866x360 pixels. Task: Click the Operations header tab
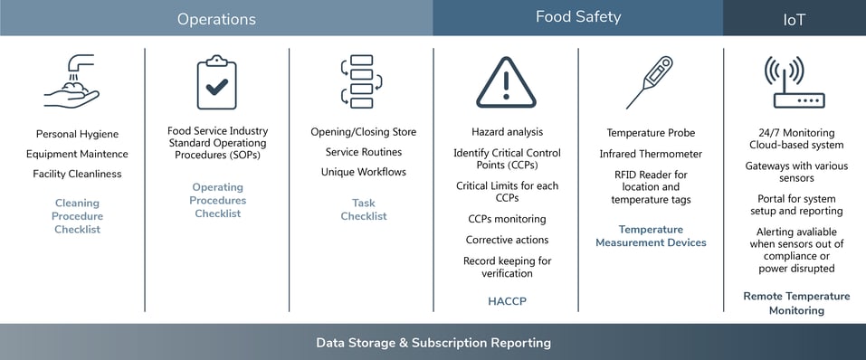pyautogui.click(x=216, y=18)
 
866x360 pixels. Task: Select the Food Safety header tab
pyautogui.click(x=578, y=18)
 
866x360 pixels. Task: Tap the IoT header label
pyautogui.click(x=795, y=20)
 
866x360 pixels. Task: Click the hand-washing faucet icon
pyautogui.click(x=71, y=81)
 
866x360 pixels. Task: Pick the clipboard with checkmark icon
pyautogui.click(x=217, y=82)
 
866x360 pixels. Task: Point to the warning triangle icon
pyautogui.click(x=506, y=82)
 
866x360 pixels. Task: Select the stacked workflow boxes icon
pyautogui.click(x=362, y=81)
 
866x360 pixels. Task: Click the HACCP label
pyautogui.click(x=507, y=301)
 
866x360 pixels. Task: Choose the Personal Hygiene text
pyautogui.click(x=77, y=134)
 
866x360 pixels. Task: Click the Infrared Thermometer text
pyautogui.click(x=652, y=154)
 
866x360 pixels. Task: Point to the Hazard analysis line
pyautogui.click(x=507, y=132)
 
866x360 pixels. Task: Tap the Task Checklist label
pyautogui.click(x=364, y=210)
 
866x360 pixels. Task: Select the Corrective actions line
pyautogui.click(x=507, y=241)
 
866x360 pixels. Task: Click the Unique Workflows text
pyautogui.click(x=364, y=172)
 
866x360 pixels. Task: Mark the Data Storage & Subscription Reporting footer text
pyautogui.click(x=433, y=343)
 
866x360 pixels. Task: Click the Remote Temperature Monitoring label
pyautogui.click(x=796, y=304)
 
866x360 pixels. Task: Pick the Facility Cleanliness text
pyautogui.click(x=77, y=174)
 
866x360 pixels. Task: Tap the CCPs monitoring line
pyautogui.click(x=507, y=219)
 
